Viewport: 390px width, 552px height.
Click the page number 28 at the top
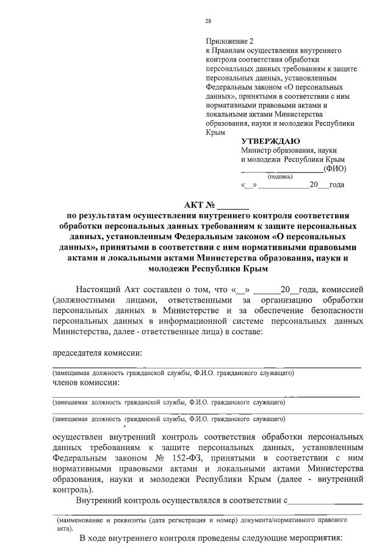208,21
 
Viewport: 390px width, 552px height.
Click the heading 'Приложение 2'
228,41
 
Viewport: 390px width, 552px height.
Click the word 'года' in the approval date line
337,185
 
